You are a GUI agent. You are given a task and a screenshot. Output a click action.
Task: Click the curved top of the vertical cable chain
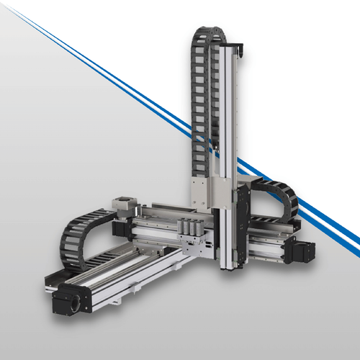[209, 32]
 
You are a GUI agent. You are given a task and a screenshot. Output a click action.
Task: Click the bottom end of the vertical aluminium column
[229, 265]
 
